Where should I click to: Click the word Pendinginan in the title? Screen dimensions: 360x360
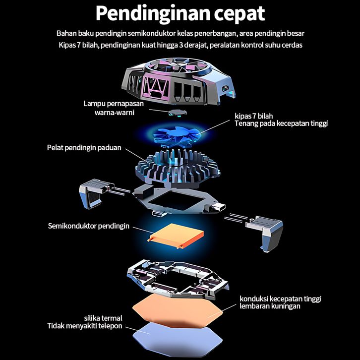(x=151, y=13)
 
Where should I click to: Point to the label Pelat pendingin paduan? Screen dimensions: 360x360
(x=84, y=148)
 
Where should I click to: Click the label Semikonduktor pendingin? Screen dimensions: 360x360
(x=89, y=226)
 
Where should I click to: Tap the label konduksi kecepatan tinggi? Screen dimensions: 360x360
(x=281, y=299)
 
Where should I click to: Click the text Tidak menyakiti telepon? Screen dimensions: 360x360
(x=85, y=326)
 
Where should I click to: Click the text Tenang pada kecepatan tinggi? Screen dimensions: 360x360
(x=281, y=123)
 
